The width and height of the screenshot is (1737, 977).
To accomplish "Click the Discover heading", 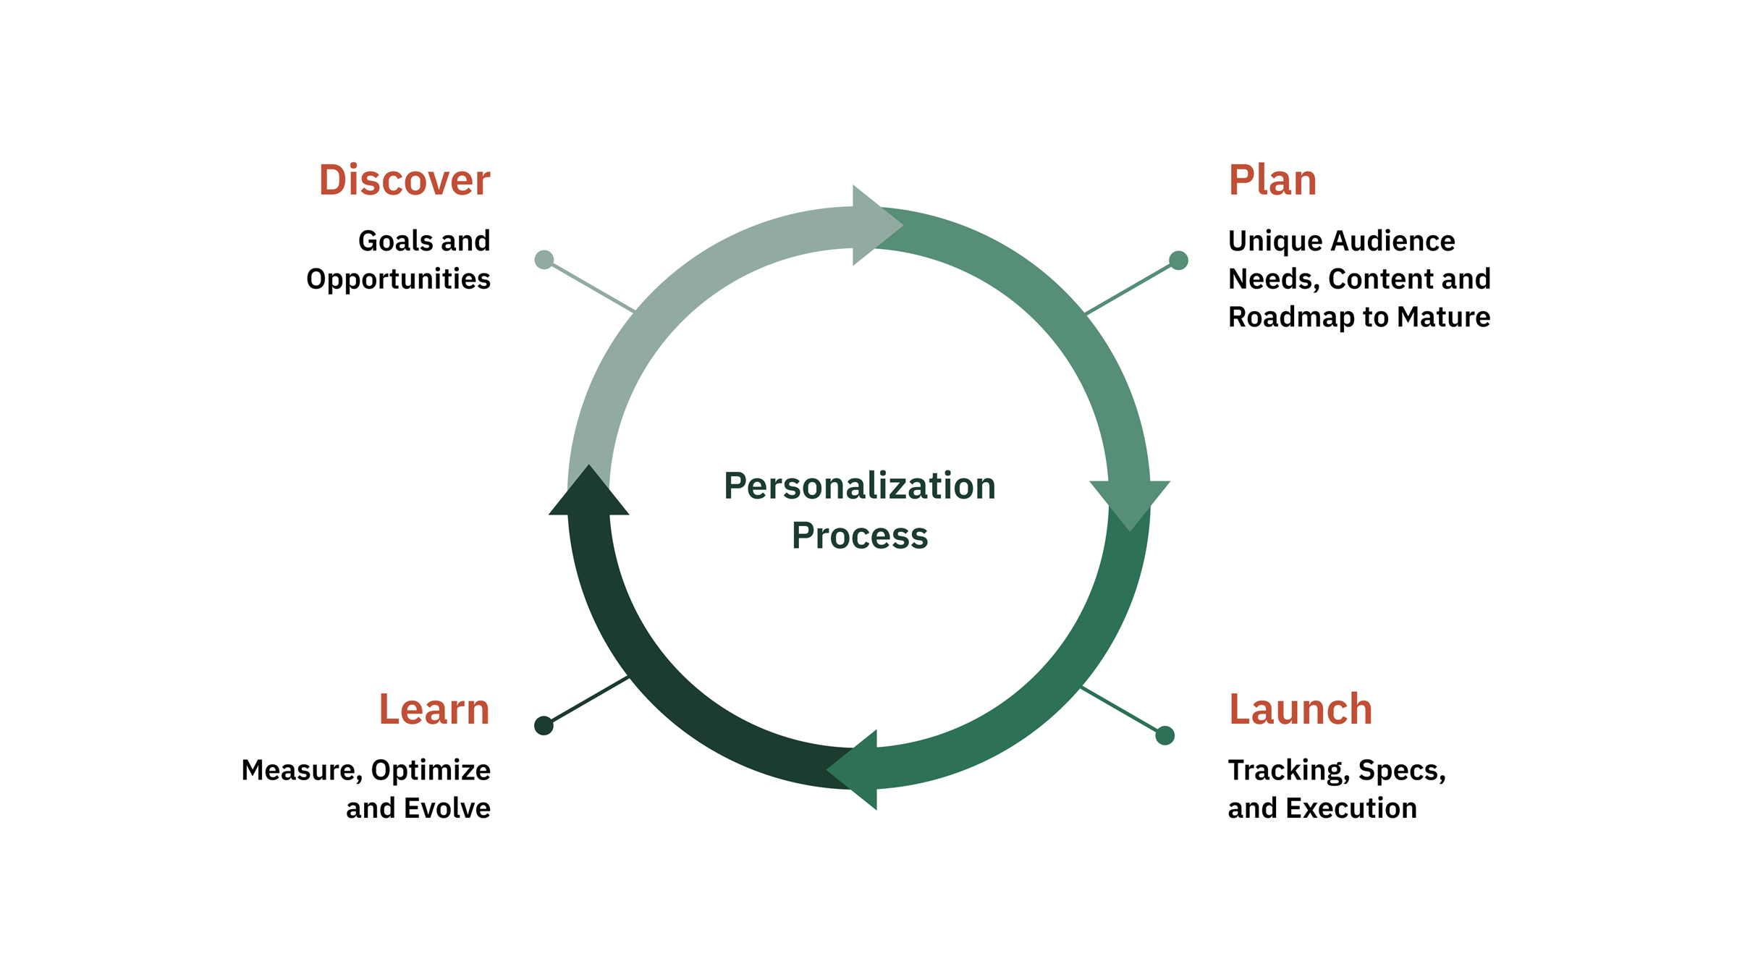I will (404, 180).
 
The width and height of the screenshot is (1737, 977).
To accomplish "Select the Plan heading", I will (1272, 180).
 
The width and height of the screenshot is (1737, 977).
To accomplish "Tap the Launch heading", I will (1300, 709).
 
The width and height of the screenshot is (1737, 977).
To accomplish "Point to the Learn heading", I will (434, 709).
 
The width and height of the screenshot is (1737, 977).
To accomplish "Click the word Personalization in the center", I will (859, 486).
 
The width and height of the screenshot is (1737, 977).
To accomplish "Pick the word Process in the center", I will (859, 536).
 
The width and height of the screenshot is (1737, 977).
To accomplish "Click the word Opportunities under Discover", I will (398, 279).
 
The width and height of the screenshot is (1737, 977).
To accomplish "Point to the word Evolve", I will (447, 808).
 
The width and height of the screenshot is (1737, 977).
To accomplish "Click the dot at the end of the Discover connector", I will (544, 260).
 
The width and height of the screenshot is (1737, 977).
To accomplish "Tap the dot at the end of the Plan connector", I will (1178, 261).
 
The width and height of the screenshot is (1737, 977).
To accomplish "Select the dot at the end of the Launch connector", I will (1165, 735).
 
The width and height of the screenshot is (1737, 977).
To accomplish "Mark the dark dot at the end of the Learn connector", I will (544, 725).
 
